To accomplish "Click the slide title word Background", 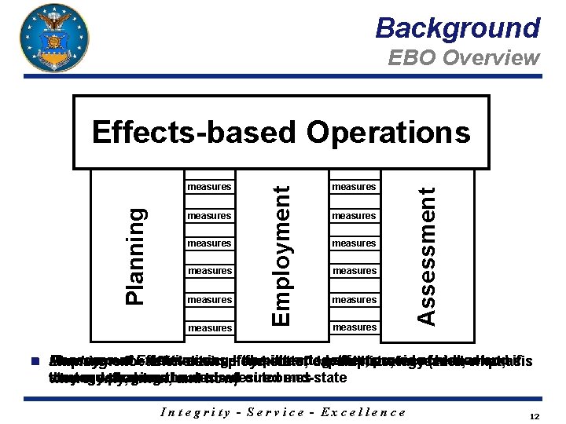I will click(x=458, y=28).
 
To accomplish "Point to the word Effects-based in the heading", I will click(x=196, y=132).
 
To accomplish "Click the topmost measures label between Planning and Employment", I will click(x=209, y=187).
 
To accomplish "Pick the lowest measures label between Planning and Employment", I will click(x=209, y=327).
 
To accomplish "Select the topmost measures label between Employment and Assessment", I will click(x=354, y=187).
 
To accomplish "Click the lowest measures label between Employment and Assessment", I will click(x=354, y=327).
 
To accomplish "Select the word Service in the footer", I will click(x=280, y=411).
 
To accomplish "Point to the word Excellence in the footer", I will click(x=365, y=411).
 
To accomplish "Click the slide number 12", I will click(x=534, y=416).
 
